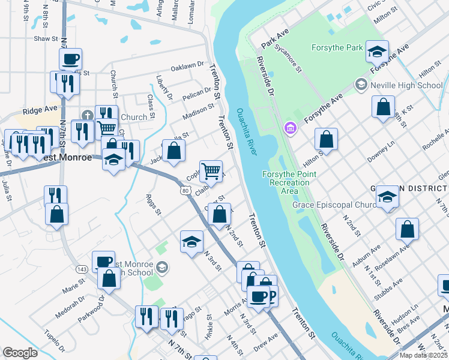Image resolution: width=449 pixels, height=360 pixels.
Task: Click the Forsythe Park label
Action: [x=337, y=47]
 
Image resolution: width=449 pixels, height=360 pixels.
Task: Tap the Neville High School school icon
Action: [x=361, y=85]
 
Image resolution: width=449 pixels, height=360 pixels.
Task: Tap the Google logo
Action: [x=20, y=352]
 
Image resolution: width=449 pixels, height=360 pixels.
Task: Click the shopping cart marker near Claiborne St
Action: [x=211, y=171]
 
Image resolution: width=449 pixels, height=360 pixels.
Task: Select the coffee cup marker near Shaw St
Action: [x=70, y=59]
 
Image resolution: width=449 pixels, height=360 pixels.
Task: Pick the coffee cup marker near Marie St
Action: [x=103, y=261]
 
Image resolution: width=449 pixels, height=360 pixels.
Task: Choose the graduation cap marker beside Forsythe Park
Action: [x=378, y=51]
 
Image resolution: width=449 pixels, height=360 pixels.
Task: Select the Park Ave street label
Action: [x=275, y=41]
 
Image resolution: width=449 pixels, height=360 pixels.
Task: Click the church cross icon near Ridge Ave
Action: [x=87, y=115]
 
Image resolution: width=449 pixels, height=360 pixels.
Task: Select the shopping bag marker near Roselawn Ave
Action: [x=407, y=229]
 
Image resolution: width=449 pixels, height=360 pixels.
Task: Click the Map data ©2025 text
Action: [x=424, y=355]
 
